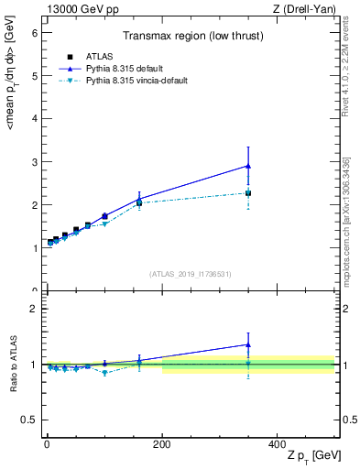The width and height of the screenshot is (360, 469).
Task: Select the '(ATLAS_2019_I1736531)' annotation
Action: pos(191,274)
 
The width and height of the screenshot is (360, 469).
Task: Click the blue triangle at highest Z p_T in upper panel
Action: pos(248,166)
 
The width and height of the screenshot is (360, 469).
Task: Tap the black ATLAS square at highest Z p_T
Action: pos(248,193)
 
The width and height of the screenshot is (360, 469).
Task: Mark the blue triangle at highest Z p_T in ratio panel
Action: pos(248,345)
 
